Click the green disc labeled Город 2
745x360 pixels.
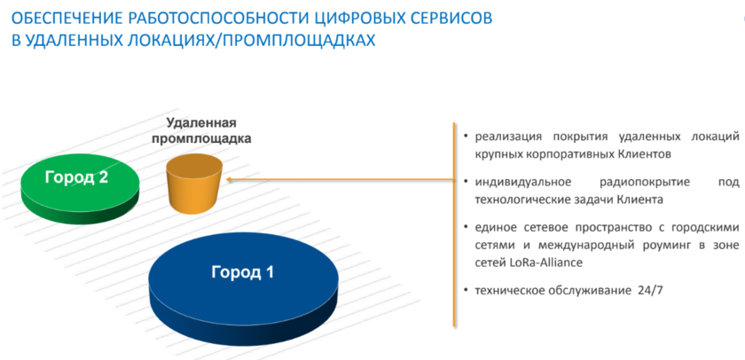coord(81,189)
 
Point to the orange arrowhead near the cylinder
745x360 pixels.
coord(230,179)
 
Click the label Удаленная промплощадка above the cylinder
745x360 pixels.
coord(201,131)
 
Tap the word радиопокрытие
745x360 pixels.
coord(646,183)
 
